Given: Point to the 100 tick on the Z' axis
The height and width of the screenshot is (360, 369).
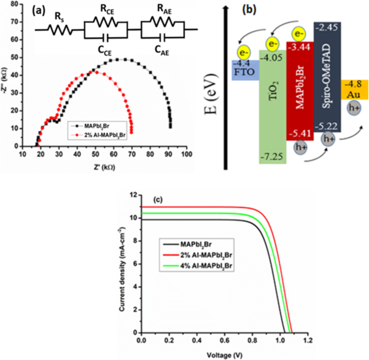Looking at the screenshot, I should [187, 154].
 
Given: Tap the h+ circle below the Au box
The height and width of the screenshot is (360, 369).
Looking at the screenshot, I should [354, 108].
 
